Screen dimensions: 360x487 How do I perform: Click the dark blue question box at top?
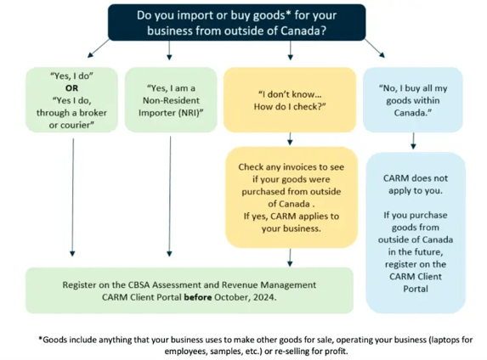tap(236, 22)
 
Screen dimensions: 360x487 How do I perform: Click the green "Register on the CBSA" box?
tap(189, 290)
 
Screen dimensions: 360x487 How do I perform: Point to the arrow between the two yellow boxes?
tap(290, 138)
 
